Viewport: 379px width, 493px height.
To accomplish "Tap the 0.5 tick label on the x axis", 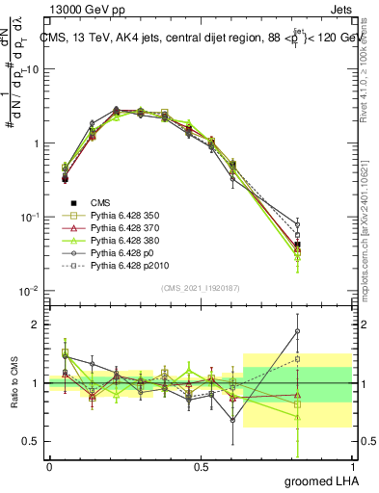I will [x=201, y=466].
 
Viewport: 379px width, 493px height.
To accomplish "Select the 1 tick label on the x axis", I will [x=353, y=466].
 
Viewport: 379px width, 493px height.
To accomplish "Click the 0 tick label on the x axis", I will [x=49, y=466].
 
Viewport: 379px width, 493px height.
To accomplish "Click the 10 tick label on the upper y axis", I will [x=31, y=69].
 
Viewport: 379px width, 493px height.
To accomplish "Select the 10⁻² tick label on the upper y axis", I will [x=30, y=291].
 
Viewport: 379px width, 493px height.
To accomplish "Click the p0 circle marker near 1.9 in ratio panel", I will [x=324, y=331].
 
